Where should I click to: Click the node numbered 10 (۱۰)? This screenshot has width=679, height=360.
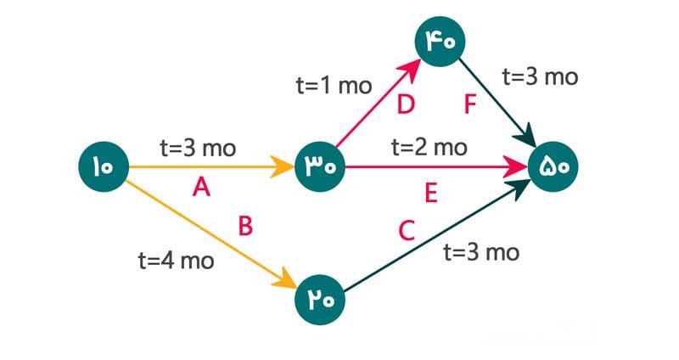103,166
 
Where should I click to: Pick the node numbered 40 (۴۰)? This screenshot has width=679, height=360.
437,40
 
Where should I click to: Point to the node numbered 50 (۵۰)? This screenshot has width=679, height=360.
557,166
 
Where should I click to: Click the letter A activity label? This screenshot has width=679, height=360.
201,188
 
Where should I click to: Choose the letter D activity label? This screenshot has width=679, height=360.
406,105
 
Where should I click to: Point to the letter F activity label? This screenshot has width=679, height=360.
471,105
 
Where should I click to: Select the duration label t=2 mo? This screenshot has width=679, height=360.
429,147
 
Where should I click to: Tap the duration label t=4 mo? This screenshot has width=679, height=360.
176,260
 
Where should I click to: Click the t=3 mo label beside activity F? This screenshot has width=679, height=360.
540,77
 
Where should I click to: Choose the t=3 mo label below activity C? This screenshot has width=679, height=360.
481,252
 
